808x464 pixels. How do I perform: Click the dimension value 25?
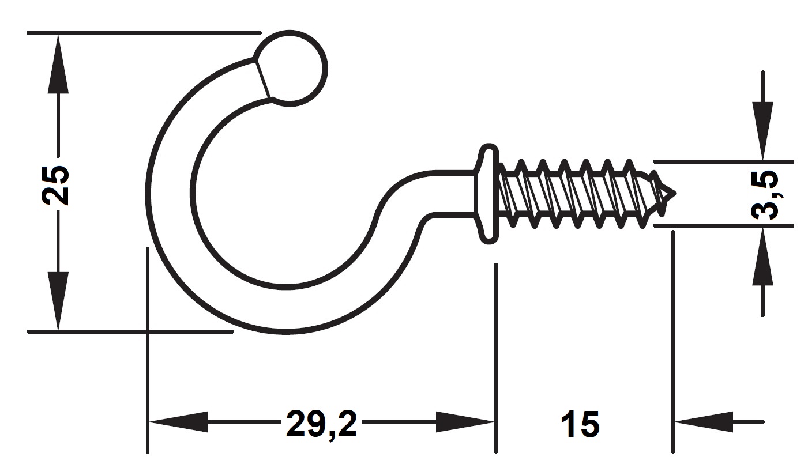tap(55, 185)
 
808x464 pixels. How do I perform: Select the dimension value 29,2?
tap(321, 424)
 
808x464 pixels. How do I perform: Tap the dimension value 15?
tap(580, 424)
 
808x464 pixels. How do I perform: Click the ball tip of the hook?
tap(291, 69)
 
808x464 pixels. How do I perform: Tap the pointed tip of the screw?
tap(675, 193)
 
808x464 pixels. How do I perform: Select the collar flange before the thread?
tap(488, 194)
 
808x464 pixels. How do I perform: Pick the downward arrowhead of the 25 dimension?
tap(58, 301)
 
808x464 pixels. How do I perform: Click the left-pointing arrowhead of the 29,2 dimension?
tap(179, 421)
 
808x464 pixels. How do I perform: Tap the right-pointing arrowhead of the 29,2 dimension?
tap(465, 421)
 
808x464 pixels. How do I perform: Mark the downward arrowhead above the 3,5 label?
tap(762, 131)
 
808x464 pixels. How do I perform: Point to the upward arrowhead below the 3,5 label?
tap(762, 256)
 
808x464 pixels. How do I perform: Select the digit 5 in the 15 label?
tap(589, 424)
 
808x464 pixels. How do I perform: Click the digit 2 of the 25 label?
tap(55, 196)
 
